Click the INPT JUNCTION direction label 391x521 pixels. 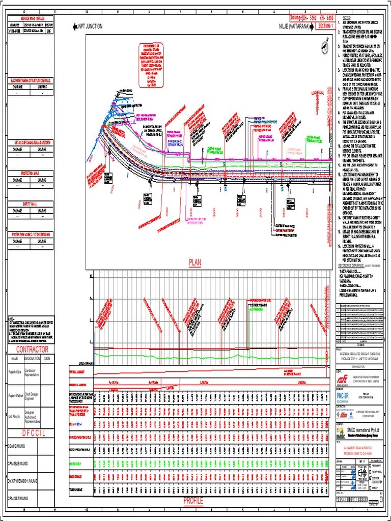(89, 26)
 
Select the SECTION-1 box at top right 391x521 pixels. (325, 25)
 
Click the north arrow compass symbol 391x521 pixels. (324, 47)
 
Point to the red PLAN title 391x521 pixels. (195, 263)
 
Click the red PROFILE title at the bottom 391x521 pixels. (193, 501)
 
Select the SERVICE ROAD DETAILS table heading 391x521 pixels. (30, 18)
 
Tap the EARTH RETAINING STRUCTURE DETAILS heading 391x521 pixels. (30, 80)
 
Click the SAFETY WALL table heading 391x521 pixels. (30, 204)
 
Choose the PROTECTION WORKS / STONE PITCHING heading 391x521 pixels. (30, 235)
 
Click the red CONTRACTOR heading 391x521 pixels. (32, 350)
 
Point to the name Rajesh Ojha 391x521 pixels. (15, 372)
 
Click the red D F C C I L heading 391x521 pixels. (29, 433)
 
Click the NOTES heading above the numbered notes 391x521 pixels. (348, 17)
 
